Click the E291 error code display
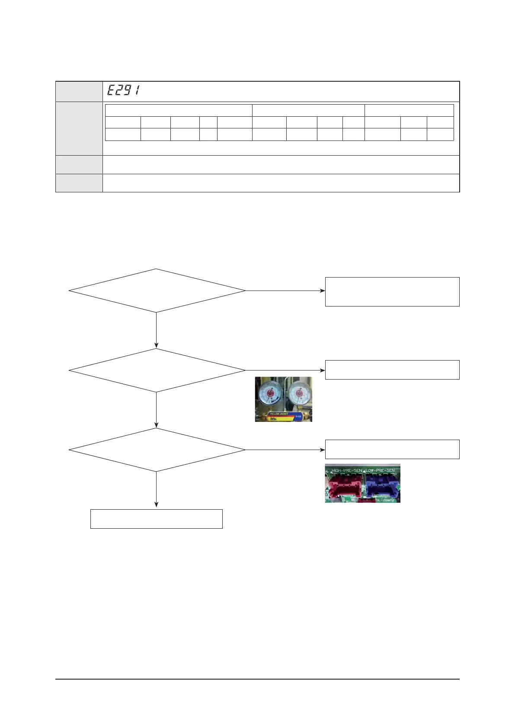point(123,91)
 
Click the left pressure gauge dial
point(269,394)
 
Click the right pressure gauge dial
point(298,394)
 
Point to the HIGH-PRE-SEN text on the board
point(346,470)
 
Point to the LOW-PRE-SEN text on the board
point(381,470)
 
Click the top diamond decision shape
point(157,291)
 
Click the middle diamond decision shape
point(157,370)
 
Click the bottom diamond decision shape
point(157,450)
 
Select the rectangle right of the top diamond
point(392,292)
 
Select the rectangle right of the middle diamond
point(392,370)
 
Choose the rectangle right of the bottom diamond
point(392,449)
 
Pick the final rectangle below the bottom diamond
point(156,519)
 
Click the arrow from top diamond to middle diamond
point(156,330)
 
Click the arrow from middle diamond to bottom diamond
point(156,410)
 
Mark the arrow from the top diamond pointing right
point(285,291)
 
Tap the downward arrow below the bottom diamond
point(156,490)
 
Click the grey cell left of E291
point(79,91)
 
